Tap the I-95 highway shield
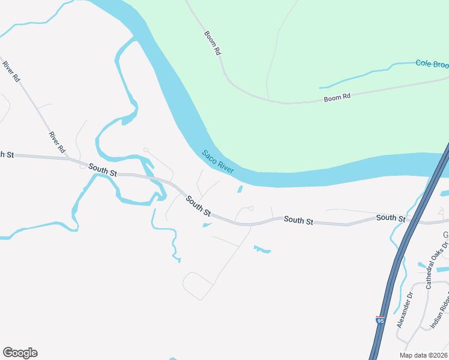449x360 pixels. coord(380,321)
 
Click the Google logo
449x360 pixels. coord(20,353)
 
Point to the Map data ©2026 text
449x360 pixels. coord(424,355)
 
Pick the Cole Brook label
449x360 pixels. coord(432,63)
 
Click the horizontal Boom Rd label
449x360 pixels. coord(337,97)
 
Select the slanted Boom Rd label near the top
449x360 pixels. coord(212,43)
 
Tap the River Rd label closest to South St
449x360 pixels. coord(57,142)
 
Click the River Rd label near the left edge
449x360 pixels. coord(11,71)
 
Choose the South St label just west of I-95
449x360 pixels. coord(391,218)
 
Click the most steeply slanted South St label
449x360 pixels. coord(198,206)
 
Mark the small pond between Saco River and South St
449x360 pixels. coord(240,190)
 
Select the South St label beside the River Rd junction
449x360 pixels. coord(103,170)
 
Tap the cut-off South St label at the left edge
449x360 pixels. coord(7,155)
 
